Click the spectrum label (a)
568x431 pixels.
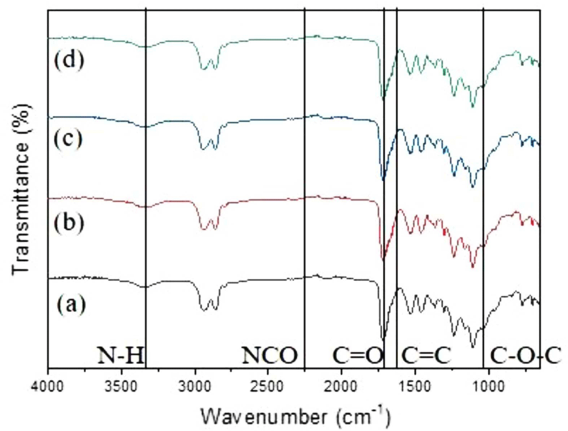[x=71, y=305]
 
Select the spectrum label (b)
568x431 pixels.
[x=69, y=222]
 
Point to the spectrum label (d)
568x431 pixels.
[x=69, y=59]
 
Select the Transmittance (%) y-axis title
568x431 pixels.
[x=20, y=189]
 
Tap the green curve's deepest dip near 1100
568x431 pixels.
[x=473, y=106]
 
